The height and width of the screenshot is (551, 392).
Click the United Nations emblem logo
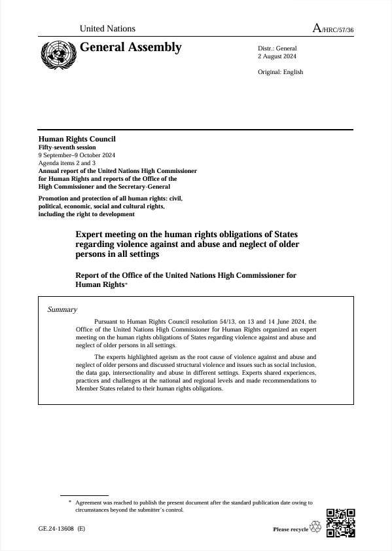click(57, 53)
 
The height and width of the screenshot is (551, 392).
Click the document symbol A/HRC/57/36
click(333, 29)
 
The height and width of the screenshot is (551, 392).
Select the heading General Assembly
click(130, 47)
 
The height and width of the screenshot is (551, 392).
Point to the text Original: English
click(280, 72)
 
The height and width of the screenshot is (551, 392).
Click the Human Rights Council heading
click(77, 139)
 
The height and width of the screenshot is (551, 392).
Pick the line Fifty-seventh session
click(67, 147)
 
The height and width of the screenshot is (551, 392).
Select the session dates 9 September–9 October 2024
click(77, 155)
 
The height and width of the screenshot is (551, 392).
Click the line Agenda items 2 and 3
click(67, 162)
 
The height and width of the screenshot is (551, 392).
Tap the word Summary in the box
click(62, 310)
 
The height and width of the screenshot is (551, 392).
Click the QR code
click(340, 523)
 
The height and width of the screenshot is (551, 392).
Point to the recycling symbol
click(316, 527)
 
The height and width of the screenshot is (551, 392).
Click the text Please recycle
click(290, 529)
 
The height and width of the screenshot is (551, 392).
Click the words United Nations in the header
click(107, 29)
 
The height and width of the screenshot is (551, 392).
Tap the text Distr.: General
click(277, 48)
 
